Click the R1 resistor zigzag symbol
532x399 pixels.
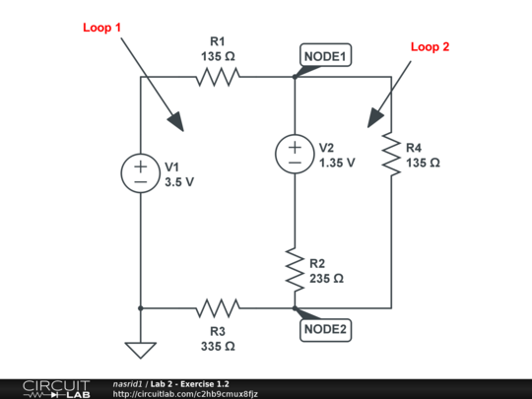(x=218, y=76)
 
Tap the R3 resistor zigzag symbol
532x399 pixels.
(x=218, y=308)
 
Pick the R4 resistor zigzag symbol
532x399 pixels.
(x=391, y=154)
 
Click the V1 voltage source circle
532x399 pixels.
(x=140, y=173)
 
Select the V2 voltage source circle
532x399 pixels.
(x=295, y=154)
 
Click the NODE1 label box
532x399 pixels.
(x=326, y=56)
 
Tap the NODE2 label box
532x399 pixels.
(x=326, y=329)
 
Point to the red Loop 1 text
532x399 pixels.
(x=101, y=28)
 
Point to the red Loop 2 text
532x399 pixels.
(x=430, y=46)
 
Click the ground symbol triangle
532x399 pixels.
(x=140, y=349)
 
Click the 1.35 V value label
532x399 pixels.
(x=337, y=163)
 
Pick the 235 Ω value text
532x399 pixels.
(x=326, y=279)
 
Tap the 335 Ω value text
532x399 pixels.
(x=218, y=346)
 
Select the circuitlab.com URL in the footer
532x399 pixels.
(x=185, y=393)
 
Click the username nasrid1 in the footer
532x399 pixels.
(x=130, y=383)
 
